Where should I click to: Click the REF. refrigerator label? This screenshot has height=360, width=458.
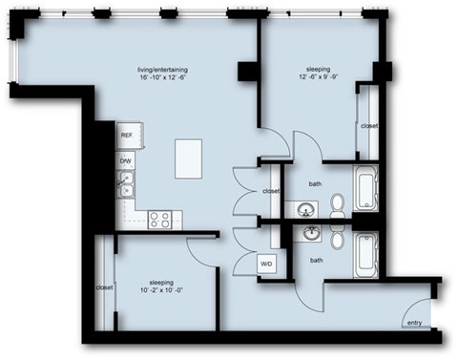click(x=126, y=137)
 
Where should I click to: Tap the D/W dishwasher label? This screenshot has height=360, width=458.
click(x=126, y=161)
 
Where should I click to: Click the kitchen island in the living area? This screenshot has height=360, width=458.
click(x=191, y=157)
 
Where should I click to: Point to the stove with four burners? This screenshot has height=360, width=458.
click(x=159, y=219)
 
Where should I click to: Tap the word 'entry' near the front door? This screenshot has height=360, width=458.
click(x=413, y=324)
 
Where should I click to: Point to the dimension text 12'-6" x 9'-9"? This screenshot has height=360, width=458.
click(x=319, y=79)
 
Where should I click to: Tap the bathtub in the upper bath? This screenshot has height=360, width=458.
click(x=366, y=189)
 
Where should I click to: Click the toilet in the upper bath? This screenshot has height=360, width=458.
click(x=337, y=203)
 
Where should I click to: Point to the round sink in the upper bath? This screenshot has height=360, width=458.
click(x=307, y=209)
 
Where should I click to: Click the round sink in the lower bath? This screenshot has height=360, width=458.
click(x=310, y=233)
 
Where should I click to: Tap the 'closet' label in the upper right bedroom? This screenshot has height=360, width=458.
click(x=368, y=125)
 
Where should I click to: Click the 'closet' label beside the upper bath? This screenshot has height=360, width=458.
click(x=271, y=191)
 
